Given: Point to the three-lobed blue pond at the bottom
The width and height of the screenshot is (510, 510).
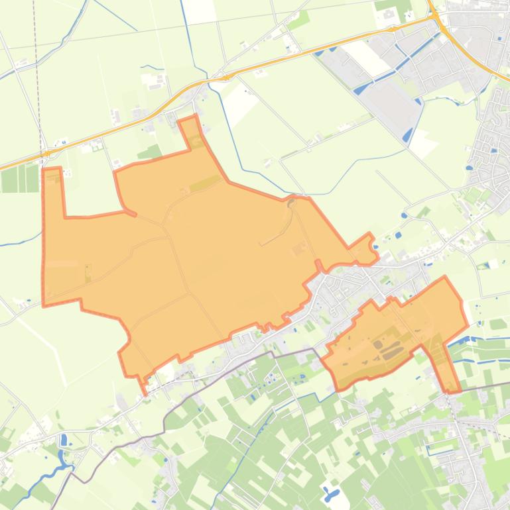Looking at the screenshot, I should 330,493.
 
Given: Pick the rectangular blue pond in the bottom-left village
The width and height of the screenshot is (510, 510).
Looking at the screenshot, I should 64,440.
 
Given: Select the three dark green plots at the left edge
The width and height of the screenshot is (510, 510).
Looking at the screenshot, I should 20,178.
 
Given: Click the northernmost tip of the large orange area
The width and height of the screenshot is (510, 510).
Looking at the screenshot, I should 196,117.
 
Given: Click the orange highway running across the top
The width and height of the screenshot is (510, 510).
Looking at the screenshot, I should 265,66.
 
